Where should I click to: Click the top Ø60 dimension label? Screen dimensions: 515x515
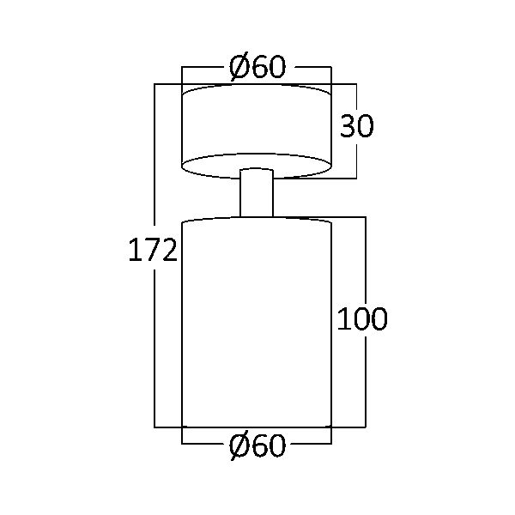[x=257, y=67]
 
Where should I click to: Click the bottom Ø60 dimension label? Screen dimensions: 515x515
[x=257, y=445]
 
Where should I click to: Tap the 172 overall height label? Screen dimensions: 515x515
[x=153, y=250]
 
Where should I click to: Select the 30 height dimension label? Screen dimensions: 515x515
[x=356, y=125]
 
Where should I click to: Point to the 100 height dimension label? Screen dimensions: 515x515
[x=362, y=318]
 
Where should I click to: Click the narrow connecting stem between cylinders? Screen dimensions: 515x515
[x=257, y=193]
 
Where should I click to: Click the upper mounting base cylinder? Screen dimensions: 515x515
[x=257, y=131]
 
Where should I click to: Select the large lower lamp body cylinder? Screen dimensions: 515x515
[x=257, y=322]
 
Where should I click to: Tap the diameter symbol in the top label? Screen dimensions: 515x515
[x=239, y=67]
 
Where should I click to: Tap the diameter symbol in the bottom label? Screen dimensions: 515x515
[x=239, y=446]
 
